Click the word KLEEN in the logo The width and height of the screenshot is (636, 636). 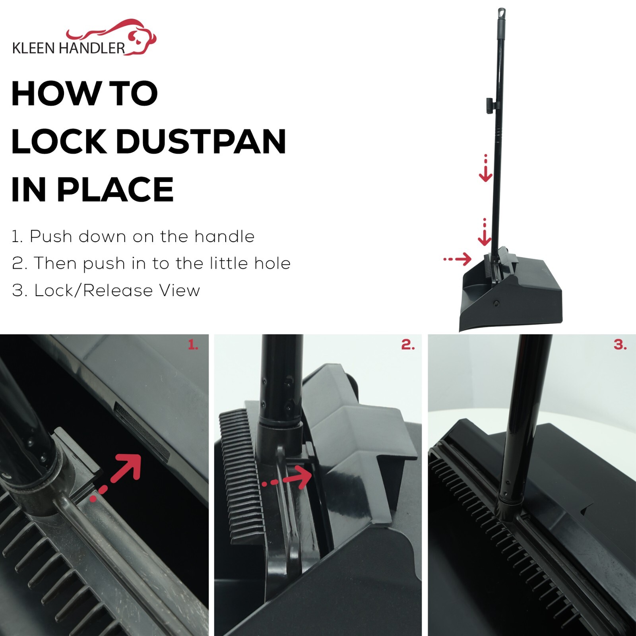[34, 48]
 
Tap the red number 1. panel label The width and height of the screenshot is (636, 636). [193, 345]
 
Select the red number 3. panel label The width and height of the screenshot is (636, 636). [620, 345]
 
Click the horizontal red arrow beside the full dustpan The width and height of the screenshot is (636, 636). [458, 259]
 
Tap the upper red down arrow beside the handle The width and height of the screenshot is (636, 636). [485, 168]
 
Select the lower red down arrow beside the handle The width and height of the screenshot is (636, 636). [485, 232]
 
